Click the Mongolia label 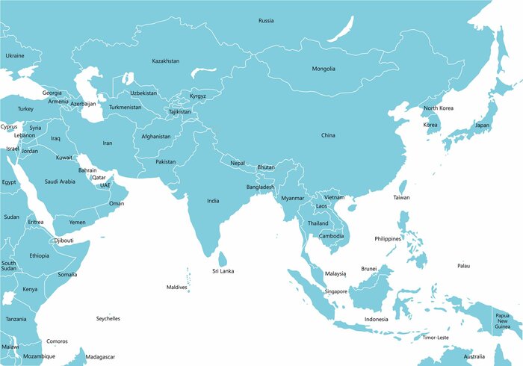[324, 69]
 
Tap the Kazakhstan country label [165, 61]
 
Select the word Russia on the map [266, 20]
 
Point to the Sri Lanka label [223, 271]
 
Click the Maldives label [176, 288]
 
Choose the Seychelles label [108, 319]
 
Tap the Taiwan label [402, 198]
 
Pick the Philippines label [389, 239]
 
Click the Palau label [464, 266]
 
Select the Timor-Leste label [436, 338]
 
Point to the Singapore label [336, 291]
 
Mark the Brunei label [368, 269]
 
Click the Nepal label [238, 163]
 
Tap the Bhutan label [266, 167]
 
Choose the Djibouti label [64, 241]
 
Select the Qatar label [99, 178]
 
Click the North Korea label [438, 108]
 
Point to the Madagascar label [101, 357]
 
